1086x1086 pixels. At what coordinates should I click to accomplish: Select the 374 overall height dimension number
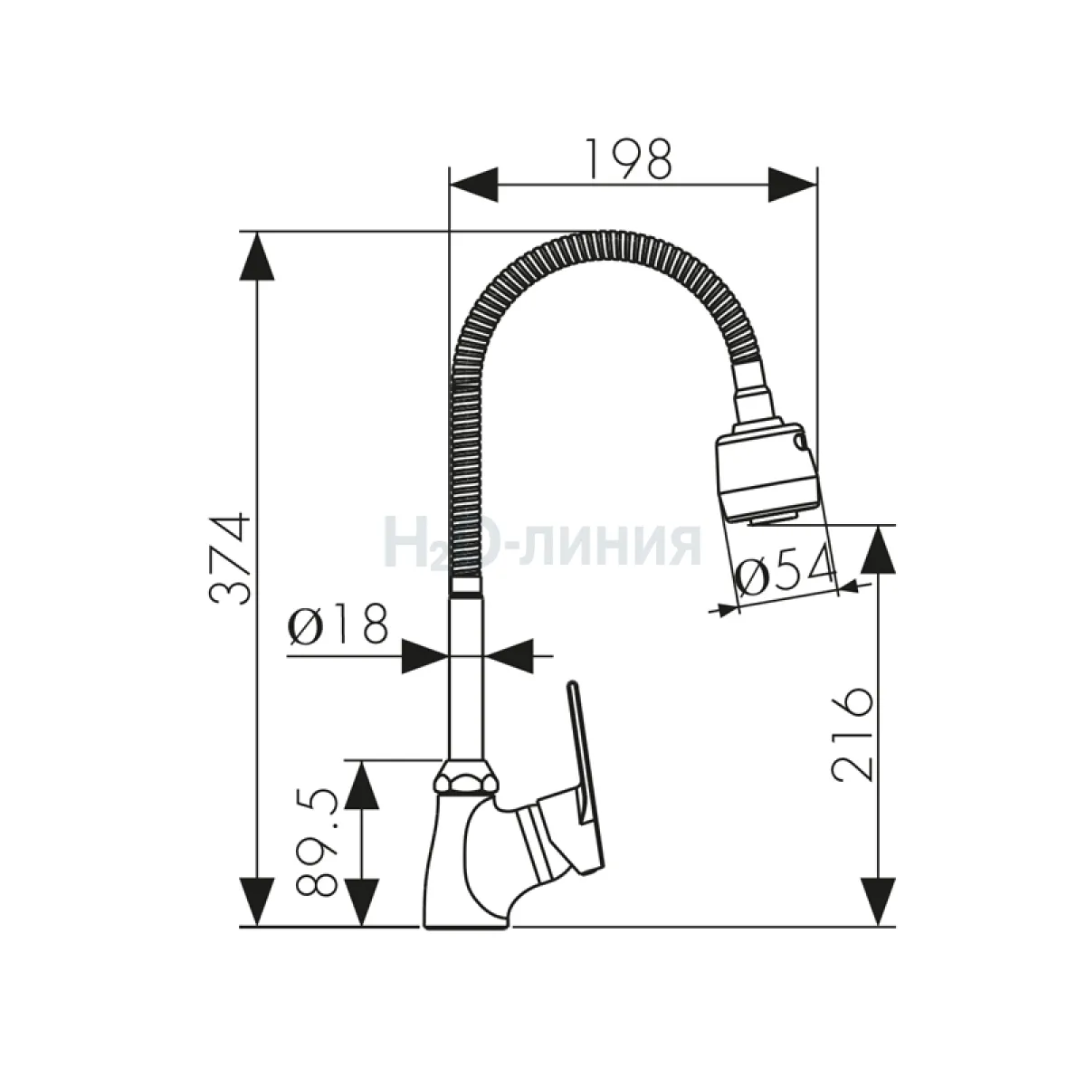coord(230,558)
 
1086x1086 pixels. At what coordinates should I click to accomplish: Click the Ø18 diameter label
coord(338,624)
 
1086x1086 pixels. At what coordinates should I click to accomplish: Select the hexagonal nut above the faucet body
coord(467,779)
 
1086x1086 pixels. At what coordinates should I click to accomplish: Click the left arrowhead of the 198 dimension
coord(474,185)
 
